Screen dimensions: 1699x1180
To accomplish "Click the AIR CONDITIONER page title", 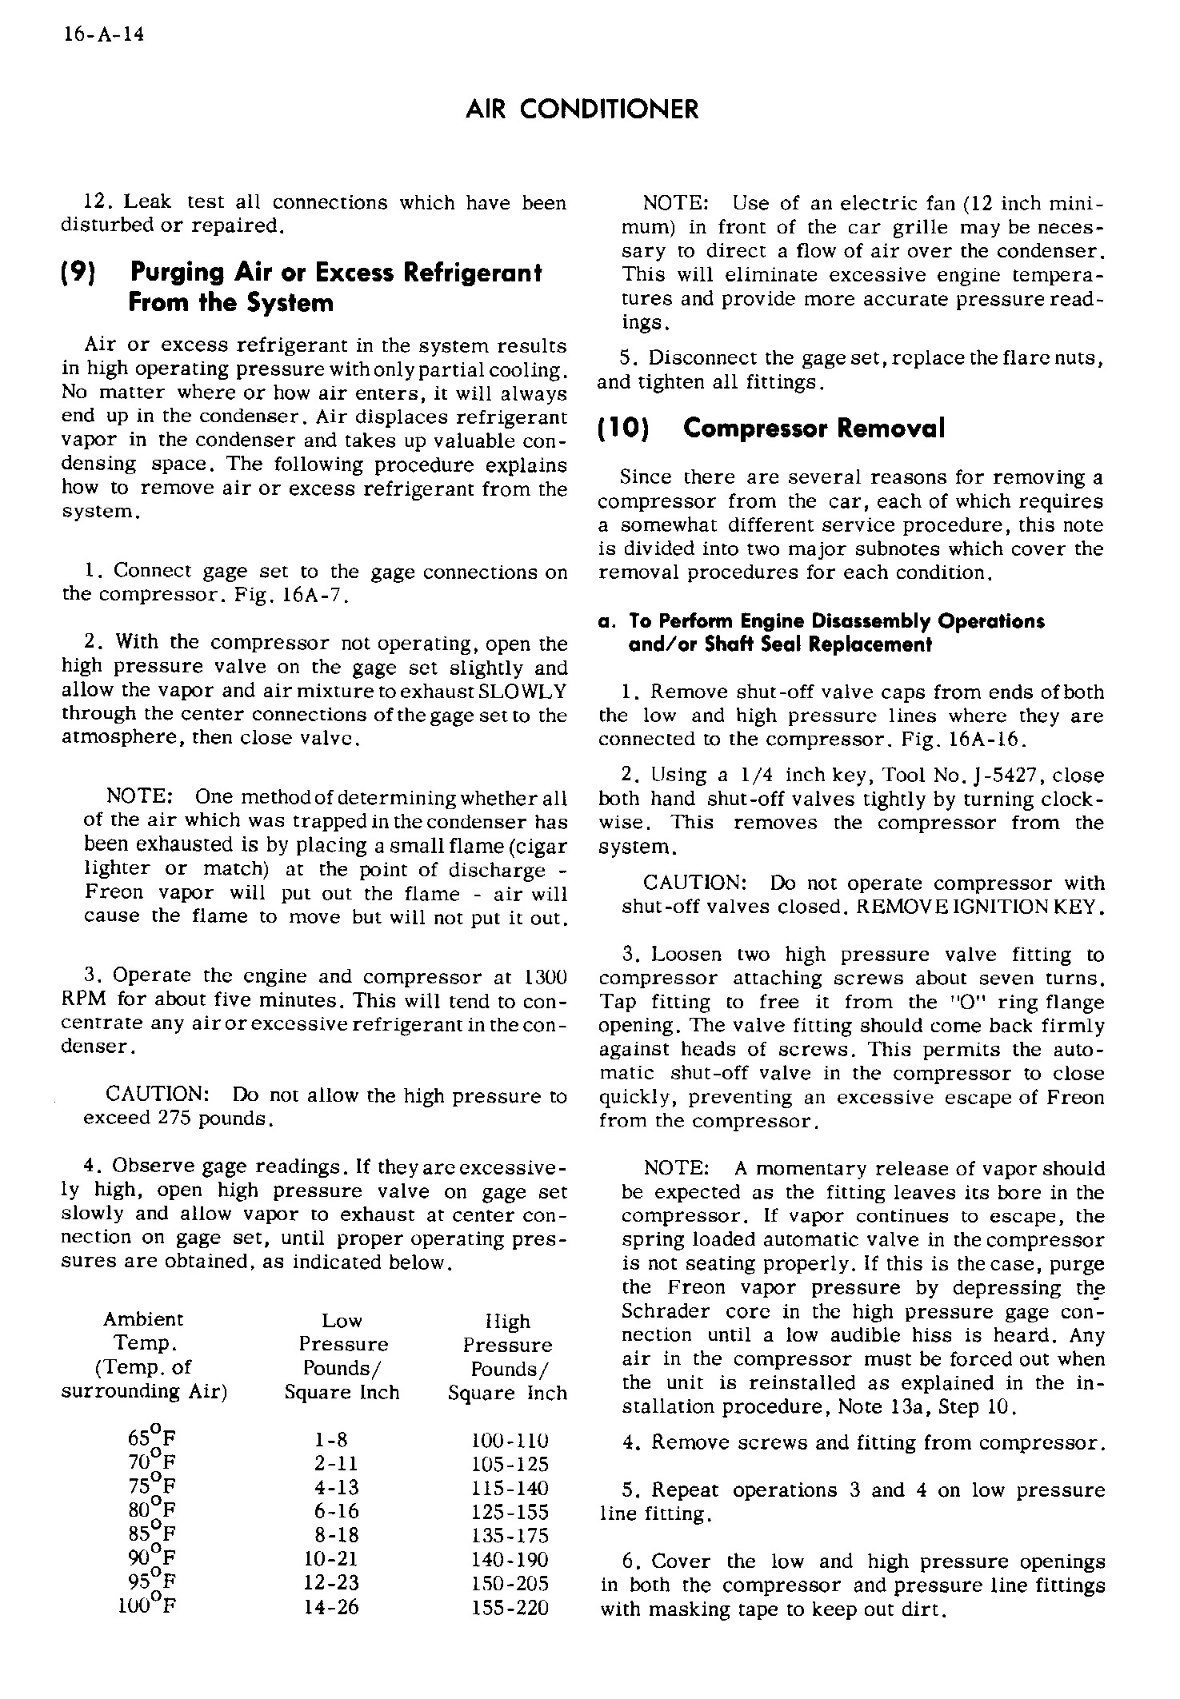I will [x=582, y=109].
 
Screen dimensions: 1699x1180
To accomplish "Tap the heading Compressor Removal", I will [x=814, y=429].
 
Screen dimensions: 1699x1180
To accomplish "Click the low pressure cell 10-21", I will [x=331, y=1559].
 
